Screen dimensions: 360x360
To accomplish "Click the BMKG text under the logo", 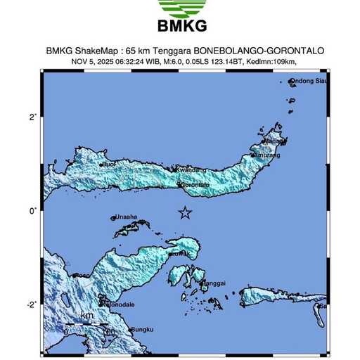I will point(182,27).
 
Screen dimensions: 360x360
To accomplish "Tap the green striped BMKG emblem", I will point(181,8).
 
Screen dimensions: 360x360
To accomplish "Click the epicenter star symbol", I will point(185,212).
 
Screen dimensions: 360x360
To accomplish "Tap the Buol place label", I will point(109,165).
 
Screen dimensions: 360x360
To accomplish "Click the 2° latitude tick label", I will point(32,117).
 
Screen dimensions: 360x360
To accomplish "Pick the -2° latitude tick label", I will point(32,304).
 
